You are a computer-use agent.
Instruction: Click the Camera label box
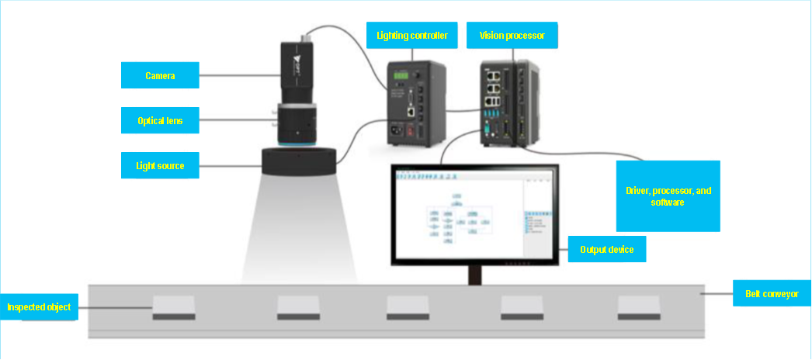[160, 75]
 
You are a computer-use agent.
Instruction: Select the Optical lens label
[160, 120]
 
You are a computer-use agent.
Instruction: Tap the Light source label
[160, 165]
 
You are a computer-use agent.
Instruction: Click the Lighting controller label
[411, 35]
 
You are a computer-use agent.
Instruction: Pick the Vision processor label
[512, 35]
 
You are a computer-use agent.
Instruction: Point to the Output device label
[607, 250]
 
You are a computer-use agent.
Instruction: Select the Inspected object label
[39, 307]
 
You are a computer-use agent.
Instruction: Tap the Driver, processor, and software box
[668, 196]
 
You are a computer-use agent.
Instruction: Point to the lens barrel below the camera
[296, 120]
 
